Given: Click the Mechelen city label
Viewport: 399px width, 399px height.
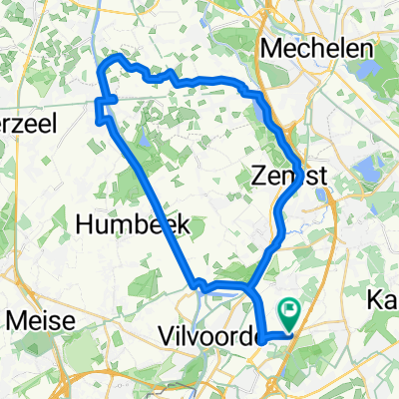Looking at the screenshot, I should click(x=318, y=48).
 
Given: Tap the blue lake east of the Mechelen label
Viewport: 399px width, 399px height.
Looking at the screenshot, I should click(x=362, y=73).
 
